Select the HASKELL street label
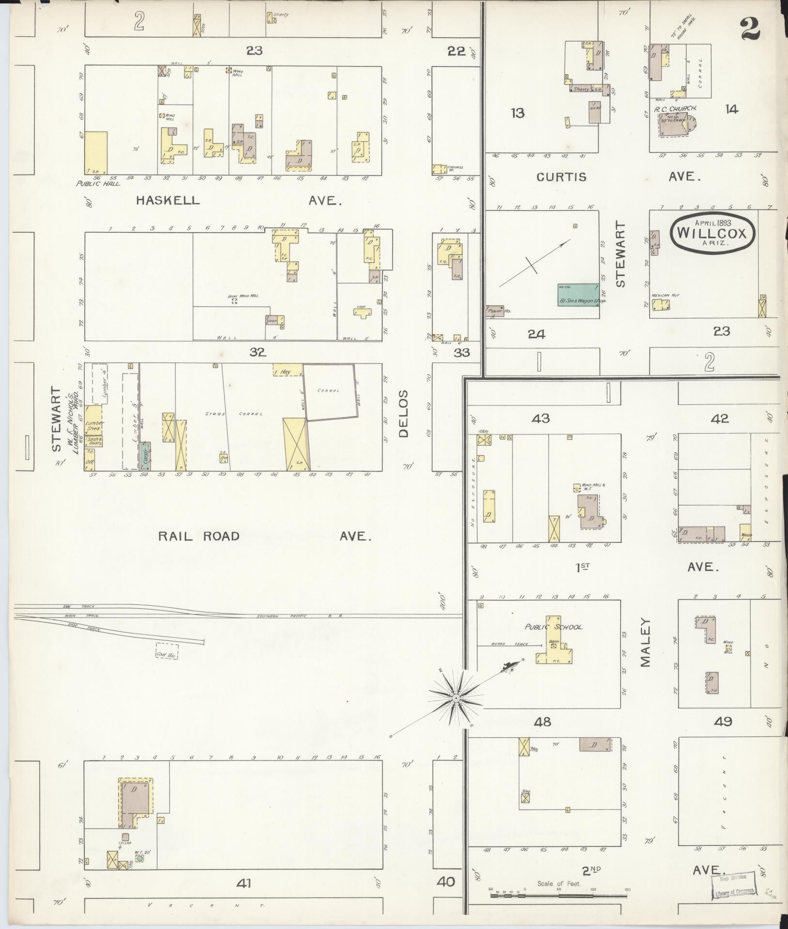[167, 200]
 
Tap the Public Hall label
[98, 184]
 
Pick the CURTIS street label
[561, 177]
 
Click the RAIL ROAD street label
[199, 536]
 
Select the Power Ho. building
[495, 311]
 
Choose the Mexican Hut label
[662, 295]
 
